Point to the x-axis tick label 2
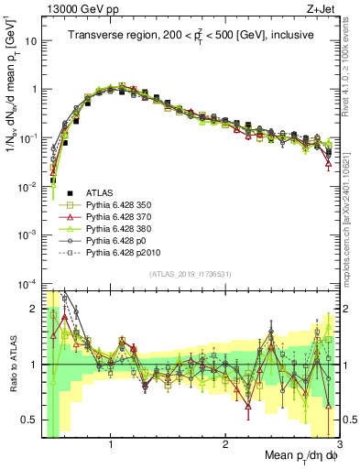pos(225,444)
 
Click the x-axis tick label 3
pos(339,444)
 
